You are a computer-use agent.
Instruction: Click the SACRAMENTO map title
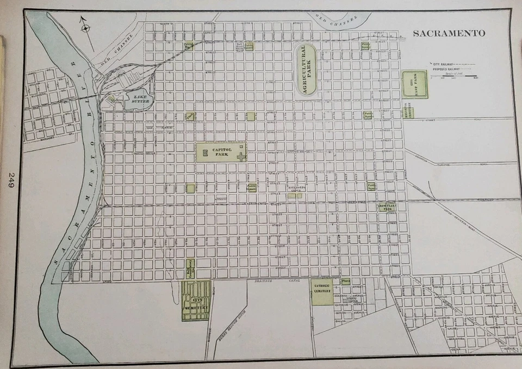click(x=449, y=34)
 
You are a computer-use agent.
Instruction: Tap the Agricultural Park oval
click(x=306, y=71)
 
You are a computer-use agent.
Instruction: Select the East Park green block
click(x=414, y=85)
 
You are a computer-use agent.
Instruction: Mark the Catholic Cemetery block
click(x=322, y=292)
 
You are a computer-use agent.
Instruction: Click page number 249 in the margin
click(x=10, y=180)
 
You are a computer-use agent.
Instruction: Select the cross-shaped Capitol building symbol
click(x=241, y=157)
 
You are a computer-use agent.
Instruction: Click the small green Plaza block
click(x=345, y=282)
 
